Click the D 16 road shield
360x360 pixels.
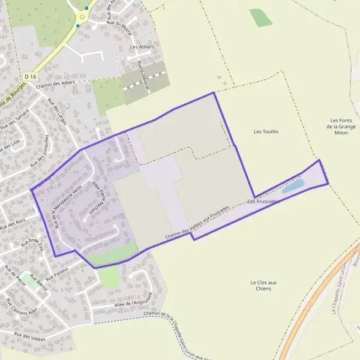tap(31, 76)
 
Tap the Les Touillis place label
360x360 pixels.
tap(266, 131)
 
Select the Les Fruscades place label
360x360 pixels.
tap(263, 202)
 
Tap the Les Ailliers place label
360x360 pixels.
tap(142, 46)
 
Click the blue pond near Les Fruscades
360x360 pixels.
tap(293, 186)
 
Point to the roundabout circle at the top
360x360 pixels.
tap(82, 17)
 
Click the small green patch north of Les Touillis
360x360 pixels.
tap(261, 17)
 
